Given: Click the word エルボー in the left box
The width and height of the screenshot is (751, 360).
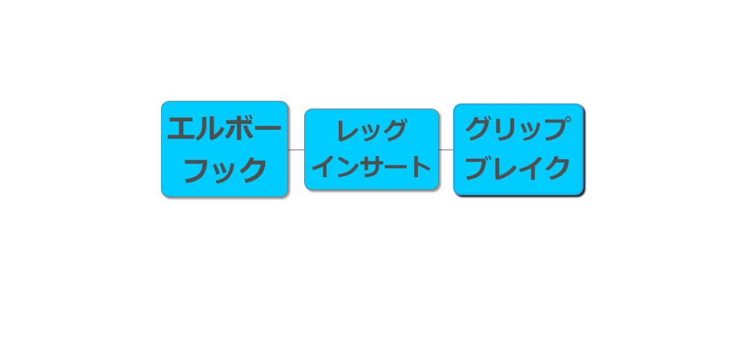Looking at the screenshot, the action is coord(224,128).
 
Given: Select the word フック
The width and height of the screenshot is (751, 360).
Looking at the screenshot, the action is coord(225,171).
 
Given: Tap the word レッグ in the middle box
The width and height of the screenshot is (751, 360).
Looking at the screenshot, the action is coord(372,130).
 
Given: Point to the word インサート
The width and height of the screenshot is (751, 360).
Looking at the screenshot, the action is coord(371,167).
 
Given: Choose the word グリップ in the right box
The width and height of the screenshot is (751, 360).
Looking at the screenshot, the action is coord(518,129).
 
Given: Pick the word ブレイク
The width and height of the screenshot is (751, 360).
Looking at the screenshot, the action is coord(517,168).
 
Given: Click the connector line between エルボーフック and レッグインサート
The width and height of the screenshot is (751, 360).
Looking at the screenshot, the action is coord(296,150).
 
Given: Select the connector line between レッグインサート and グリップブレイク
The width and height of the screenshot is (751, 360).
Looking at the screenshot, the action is coord(446,150).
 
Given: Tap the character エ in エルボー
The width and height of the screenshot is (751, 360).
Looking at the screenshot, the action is coord(180,128).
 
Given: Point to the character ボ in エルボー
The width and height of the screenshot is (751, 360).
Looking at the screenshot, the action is coord(239,128).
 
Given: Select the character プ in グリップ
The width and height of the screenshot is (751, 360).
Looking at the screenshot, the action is coord(558,129).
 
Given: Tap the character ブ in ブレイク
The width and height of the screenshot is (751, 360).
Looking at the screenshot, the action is coord(478,168).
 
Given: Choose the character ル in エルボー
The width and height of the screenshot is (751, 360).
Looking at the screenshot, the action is coord(210,128).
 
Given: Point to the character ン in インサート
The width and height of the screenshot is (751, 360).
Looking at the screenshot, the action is coord(348,167).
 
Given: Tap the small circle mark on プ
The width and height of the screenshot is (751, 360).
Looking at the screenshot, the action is coord(567,120).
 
